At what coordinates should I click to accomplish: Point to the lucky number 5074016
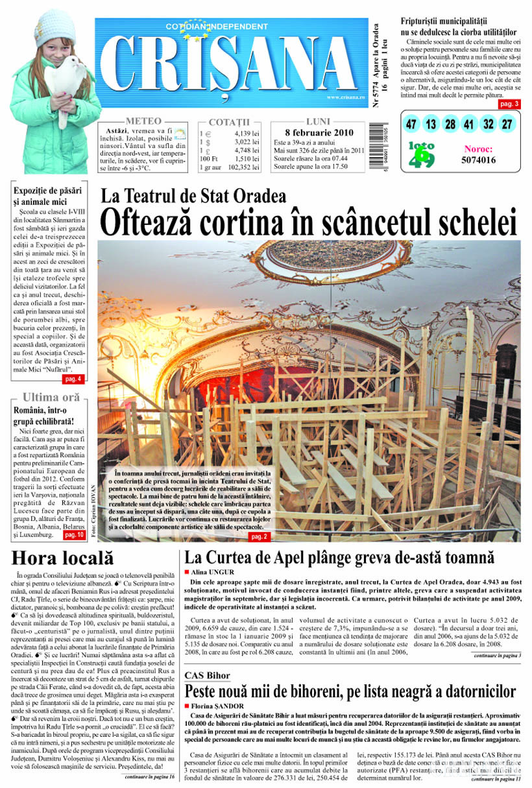coord(479,160)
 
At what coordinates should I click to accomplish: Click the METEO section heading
coord(143,121)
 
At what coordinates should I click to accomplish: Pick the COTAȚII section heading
coord(229,122)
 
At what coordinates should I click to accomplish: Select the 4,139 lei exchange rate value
coord(247,134)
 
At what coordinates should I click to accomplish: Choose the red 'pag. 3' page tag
coord(509,104)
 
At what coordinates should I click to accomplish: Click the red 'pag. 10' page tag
coord(73,535)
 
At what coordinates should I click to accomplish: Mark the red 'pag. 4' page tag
coord(72,379)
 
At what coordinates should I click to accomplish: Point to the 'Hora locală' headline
coord(62,558)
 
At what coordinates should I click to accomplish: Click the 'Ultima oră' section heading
coord(51,397)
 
